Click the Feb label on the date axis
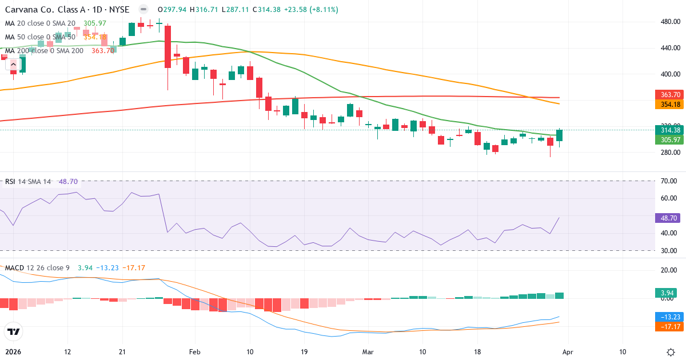[x=195, y=352]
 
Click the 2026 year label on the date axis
[x=13, y=352]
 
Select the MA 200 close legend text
[x=45, y=50]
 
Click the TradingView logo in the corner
[x=13, y=331]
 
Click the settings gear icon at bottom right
[x=671, y=352]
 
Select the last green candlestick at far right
[x=559, y=135]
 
